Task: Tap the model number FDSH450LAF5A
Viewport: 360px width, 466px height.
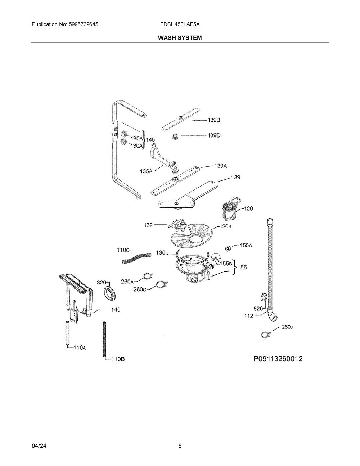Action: coord(180,24)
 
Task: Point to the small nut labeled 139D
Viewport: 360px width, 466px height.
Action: coord(175,136)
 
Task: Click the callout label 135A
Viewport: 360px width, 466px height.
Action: coord(146,172)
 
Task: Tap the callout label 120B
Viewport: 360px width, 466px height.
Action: coord(225,227)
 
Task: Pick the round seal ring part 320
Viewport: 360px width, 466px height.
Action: coord(110,293)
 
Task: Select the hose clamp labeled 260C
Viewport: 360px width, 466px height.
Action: coord(162,285)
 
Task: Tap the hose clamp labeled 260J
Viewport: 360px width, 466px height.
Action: coord(265,335)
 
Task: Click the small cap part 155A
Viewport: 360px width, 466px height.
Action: coord(228,248)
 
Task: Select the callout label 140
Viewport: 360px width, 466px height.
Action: coord(116,309)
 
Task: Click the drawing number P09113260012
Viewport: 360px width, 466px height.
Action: coord(278,359)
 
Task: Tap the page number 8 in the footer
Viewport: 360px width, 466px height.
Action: coord(180,445)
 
